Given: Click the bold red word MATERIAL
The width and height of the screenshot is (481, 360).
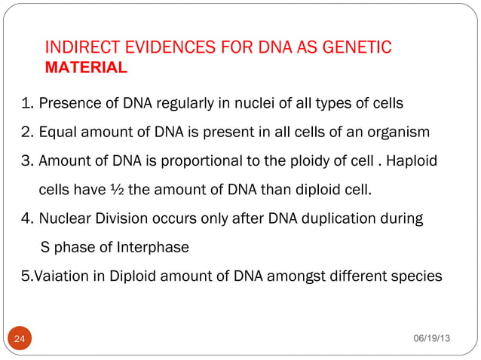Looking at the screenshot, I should (x=87, y=69).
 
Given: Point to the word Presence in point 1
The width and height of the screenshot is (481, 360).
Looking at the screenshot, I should (x=66, y=103).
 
